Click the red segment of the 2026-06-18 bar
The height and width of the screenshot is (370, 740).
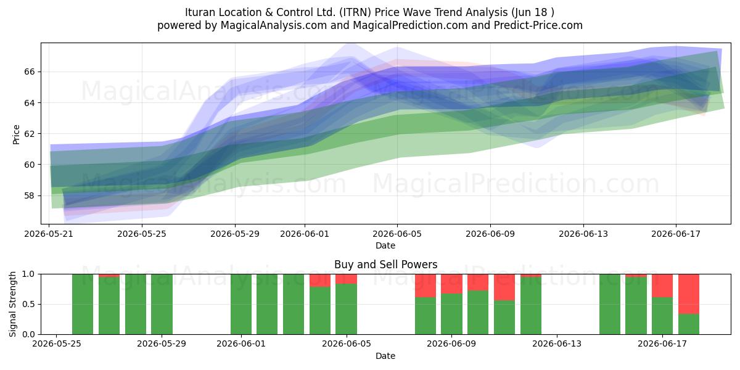(x=689, y=294)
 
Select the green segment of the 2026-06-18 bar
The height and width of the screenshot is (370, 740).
(x=689, y=324)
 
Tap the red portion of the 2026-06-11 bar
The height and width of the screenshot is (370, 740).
(x=504, y=287)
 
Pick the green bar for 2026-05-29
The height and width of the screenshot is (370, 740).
(x=162, y=304)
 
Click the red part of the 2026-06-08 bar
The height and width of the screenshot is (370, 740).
(x=425, y=286)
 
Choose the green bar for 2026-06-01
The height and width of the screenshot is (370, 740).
(x=241, y=304)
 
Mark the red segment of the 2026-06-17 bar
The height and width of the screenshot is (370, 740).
(x=662, y=286)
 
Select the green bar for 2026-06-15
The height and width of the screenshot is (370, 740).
(x=610, y=304)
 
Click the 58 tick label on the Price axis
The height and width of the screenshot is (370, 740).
(x=29, y=195)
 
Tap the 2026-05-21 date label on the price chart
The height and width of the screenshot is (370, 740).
(x=49, y=234)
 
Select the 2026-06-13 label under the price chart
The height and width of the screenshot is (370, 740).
(x=583, y=234)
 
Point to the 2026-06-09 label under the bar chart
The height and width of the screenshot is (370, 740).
(x=451, y=343)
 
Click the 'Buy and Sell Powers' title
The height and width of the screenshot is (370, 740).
(x=385, y=265)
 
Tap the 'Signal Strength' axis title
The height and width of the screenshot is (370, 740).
(x=12, y=304)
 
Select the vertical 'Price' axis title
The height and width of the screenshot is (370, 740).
(x=16, y=134)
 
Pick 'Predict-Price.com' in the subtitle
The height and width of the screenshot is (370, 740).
(x=538, y=25)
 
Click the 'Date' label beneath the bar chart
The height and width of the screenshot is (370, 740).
(x=385, y=356)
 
